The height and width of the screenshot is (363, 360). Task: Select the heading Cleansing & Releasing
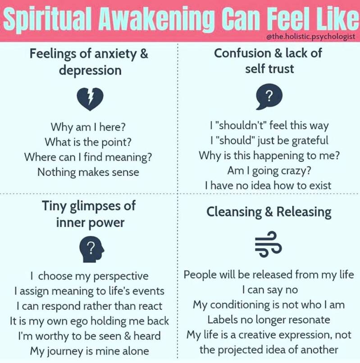click(269, 211)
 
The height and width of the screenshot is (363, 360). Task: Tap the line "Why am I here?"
click(88, 127)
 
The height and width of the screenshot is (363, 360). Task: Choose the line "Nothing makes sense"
click(88, 172)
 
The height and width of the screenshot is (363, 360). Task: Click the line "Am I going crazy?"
click(269, 170)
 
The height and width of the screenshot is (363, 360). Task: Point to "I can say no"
click(269, 289)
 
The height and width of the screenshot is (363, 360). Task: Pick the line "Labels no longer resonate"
click(269, 320)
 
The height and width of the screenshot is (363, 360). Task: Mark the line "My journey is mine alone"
click(89, 350)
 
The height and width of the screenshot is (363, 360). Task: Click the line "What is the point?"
click(88, 142)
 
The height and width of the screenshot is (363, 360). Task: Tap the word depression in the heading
click(89, 70)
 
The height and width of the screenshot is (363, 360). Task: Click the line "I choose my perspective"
click(89, 276)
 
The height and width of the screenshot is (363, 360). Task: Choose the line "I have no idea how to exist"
click(269, 185)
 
